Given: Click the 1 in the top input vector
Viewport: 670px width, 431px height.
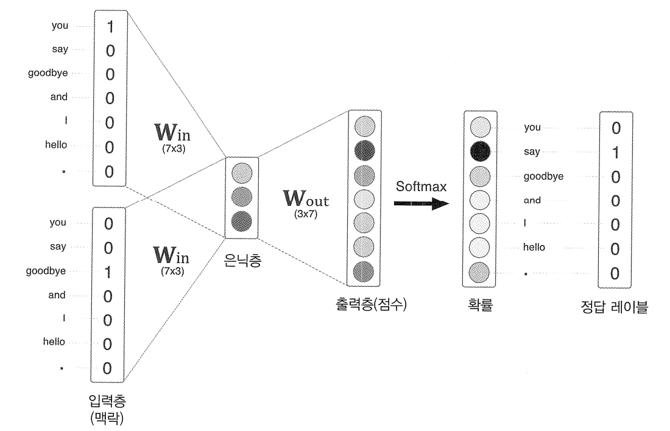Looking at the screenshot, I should [x=110, y=27].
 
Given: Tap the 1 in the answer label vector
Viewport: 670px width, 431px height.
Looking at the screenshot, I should [x=615, y=153].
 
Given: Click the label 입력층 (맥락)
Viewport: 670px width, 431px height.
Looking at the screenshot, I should [x=109, y=409].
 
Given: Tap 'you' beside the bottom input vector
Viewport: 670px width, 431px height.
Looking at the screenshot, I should [x=58, y=223].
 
